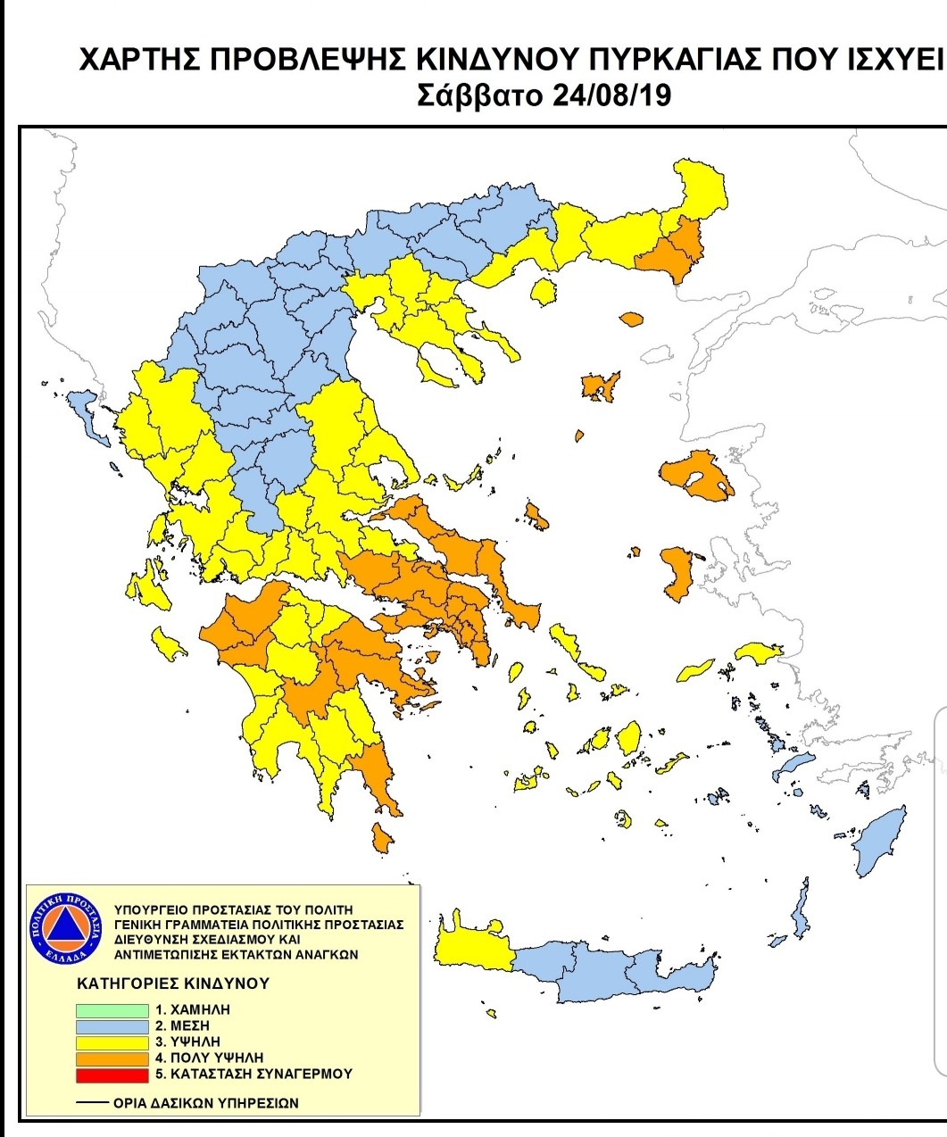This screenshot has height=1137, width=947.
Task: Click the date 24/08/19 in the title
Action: click(x=611, y=95)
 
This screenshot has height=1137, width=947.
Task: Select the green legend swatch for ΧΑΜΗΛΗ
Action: click(x=112, y=1010)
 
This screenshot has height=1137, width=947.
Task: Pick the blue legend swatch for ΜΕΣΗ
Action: click(x=112, y=1026)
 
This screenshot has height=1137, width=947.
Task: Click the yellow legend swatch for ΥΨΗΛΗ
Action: click(x=112, y=1042)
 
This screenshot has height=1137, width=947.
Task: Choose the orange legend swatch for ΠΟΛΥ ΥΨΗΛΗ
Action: click(x=112, y=1058)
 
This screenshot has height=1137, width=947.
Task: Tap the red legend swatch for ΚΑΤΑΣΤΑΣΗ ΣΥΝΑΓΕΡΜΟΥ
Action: click(x=112, y=1074)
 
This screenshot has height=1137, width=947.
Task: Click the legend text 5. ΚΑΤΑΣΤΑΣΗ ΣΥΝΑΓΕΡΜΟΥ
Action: click(x=253, y=1074)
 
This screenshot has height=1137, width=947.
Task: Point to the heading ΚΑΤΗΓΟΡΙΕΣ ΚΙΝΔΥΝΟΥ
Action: click(x=173, y=983)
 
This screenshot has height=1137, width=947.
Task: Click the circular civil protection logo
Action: click(x=68, y=928)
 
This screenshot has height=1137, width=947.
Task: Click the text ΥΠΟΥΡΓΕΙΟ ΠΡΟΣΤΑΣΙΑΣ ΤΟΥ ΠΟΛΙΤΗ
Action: click(x=235, y=910)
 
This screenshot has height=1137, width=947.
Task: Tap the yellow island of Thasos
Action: click(x=542, y=291)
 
